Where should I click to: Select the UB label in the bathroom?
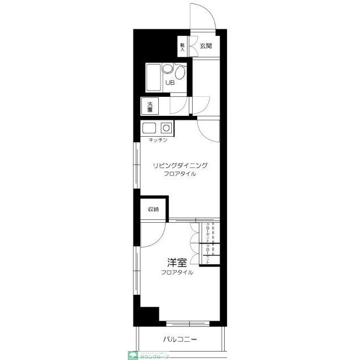tap(170, 83)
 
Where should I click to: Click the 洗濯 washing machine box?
tap(150, 106)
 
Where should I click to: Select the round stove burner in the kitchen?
tap(166, 127)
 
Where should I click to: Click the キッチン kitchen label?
tap(158, 139)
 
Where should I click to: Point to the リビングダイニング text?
tap(181, 165)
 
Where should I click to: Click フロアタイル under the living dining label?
tap(181, 174)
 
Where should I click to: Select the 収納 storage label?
tap(154, 209)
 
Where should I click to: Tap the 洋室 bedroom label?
tap(177, 262)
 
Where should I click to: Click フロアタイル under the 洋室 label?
tap(177, 272)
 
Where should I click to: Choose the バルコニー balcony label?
tap(180, 340)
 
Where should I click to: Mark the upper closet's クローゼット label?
tap(208, 233)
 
